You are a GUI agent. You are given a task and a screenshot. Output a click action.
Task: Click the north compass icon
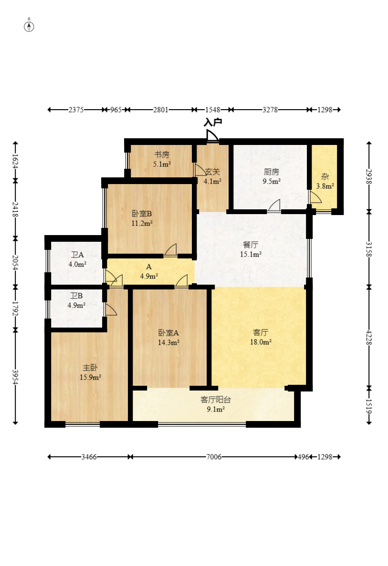click(29, 27)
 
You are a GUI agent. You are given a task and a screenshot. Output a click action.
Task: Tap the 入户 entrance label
click(213, 123)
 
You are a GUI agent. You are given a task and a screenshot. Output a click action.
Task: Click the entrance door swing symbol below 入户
click(212, 135)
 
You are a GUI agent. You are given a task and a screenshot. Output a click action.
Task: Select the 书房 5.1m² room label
click(162, 159)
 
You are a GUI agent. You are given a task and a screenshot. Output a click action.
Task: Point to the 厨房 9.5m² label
click(271, 176)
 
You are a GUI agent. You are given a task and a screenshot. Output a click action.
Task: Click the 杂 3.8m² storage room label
click(325, 181)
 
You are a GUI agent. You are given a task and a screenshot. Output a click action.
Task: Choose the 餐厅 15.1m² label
click(251, 249)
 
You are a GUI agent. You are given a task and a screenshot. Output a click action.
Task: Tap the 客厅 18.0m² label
click(261, 337)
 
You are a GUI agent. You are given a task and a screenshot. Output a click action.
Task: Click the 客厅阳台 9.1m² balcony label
click(216, 404)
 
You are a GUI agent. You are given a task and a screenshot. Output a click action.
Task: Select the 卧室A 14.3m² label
click(169, 338)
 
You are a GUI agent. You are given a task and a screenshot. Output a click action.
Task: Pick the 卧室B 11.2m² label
click(142, 218)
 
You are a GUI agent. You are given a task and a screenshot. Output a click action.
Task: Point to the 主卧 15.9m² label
click(90, 372)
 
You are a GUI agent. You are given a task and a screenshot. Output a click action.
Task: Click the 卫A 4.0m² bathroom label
click(77, 259)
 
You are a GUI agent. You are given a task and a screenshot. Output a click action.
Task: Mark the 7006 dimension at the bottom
click(214, 457)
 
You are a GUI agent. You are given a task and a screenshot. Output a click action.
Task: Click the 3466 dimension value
click(89, 457)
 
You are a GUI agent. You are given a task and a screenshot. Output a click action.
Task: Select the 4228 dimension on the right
click(369, 337)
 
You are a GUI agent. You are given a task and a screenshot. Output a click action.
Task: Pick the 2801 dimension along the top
click(161, 110)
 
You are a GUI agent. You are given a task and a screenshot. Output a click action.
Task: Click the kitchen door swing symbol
click(274, 206)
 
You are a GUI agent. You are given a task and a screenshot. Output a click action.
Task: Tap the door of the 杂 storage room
click(315, 197)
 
